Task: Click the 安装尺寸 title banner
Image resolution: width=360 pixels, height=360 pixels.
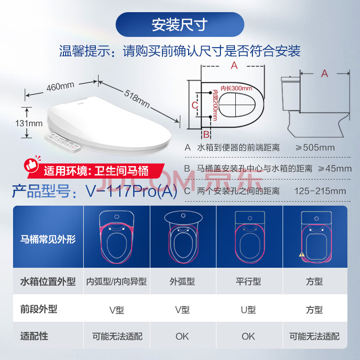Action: click(x=180, y=25)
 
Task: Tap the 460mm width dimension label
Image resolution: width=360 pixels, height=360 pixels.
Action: click(x=60, y=86)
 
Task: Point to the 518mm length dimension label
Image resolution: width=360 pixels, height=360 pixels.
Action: click(x=137, y=99)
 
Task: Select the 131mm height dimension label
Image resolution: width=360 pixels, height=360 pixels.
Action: click(x=29, y=123)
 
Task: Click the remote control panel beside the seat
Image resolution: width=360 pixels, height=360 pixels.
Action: click(x=63, y=143)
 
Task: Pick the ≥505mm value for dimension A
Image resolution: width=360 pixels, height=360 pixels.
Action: click(x=315, y=148)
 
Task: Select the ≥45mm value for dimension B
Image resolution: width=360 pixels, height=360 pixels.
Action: click(x=335, y=168)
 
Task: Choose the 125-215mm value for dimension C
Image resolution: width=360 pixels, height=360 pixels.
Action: click(x=320, y=191)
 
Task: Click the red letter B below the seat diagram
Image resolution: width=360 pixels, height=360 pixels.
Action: click(x=206, y=135)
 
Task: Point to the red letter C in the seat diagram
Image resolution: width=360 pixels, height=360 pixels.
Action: click(x=194, y=105)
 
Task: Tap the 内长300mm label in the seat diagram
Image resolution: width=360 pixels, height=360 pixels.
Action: click(x=236, y=88)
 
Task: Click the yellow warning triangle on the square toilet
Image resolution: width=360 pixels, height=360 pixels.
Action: click(x=301, y=254)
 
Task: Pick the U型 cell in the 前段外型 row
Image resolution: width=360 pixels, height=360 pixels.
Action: click(x=248, y=310)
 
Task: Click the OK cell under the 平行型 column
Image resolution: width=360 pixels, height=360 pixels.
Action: click(x=248, y=336)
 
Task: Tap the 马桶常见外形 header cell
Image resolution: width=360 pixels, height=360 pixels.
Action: click(x=48, y=239)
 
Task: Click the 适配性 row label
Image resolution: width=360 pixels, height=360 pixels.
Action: click(x=34, y=336)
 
